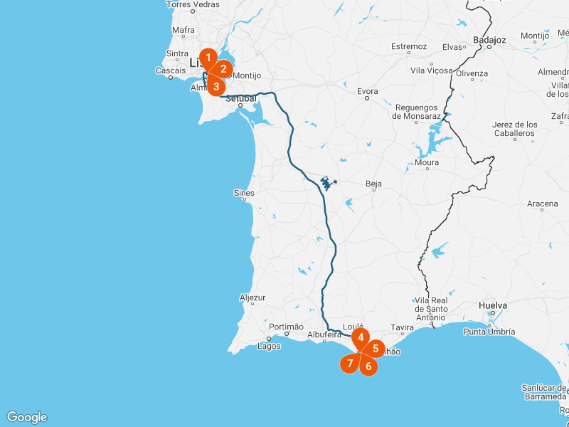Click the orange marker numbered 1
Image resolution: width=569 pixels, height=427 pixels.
click(x=208, y=58)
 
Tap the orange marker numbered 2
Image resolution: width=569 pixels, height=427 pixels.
click(x=223, y=69)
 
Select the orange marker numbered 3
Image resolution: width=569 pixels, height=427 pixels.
click(x=216, y=86)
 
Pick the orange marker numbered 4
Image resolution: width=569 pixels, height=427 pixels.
click(x=361, y=337)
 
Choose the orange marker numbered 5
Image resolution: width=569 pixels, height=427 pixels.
click(x=376, y=349)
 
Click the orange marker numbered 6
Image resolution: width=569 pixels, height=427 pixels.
click(x=368, y=366)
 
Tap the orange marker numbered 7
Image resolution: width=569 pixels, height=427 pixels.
click(x=349, y=364)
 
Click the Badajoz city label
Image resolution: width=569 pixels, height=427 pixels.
click(x=491, y=40)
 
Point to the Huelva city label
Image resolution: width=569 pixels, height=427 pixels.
click(x=493, y=305)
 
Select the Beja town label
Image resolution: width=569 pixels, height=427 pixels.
click(x=373, y=184)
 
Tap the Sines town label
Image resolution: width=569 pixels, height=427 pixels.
click(x=244, y=193)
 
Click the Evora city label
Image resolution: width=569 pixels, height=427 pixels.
click(x=368, y=91)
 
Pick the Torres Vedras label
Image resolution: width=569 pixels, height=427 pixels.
click(x=193, y=4)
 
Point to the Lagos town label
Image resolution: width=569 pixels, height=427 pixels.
click(x=270, y=346)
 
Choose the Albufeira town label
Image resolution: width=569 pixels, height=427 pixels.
click(x=325, y=334)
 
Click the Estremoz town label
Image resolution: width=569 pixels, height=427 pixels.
click(x=408, y=46)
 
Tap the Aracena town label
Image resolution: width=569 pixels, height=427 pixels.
click(x=543, y=204)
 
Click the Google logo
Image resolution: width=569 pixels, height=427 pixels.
click(x=27, y=417)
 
